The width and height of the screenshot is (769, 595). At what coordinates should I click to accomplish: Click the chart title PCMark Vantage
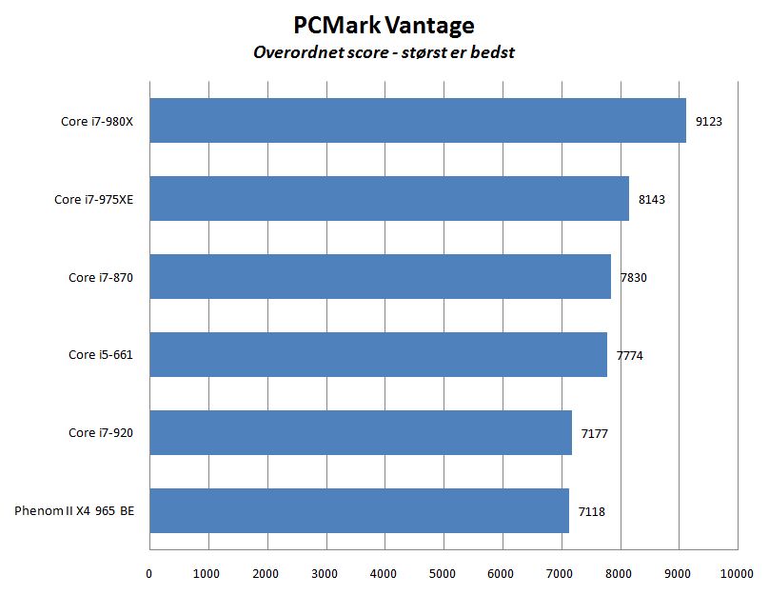(384, 24)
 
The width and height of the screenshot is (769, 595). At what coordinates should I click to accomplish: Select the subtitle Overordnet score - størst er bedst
(384, 52)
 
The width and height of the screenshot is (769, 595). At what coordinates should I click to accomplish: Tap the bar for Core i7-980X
(417, 121)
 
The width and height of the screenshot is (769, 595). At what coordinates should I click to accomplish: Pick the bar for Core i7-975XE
(388, 199)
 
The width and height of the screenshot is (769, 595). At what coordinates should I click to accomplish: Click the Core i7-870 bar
(380, 277)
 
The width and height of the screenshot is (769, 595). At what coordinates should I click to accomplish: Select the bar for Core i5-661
(378, 355)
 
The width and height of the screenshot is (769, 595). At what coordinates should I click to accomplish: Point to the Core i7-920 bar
(360, 433)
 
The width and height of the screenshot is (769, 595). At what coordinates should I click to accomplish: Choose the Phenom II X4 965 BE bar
(359, 511)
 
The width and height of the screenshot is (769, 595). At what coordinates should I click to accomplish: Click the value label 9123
(709, 121)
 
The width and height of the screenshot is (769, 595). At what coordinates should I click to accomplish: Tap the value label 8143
(651, 199)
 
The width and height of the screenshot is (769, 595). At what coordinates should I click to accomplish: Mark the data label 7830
(633, 277)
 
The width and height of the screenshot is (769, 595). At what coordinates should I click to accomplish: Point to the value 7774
(630, 355)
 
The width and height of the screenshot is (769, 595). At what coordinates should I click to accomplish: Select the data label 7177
(594, 433)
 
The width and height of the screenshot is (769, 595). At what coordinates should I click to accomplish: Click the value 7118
(591, 511)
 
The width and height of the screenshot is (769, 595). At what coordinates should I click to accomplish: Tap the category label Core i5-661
(101, 355)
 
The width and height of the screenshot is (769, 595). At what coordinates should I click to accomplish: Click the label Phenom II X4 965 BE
(74, 511)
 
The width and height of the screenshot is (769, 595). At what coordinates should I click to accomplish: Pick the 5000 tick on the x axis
(444, 573)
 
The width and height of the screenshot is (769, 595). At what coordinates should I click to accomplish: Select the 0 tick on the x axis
(149, 573)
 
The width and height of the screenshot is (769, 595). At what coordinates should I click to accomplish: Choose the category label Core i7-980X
(94, 121)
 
